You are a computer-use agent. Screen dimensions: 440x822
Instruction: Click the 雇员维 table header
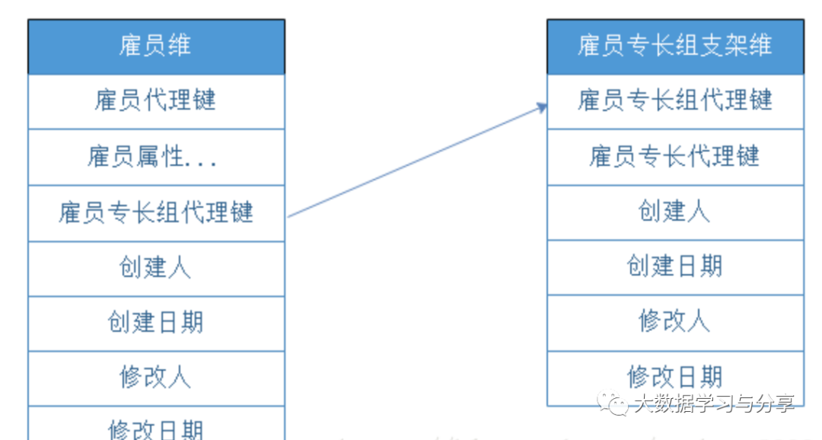coord(156,46)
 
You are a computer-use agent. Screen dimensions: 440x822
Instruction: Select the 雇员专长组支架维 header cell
coord(675,46)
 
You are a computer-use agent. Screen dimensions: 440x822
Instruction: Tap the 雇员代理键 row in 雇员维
coord(156,100)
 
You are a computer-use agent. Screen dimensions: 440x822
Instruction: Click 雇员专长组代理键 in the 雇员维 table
coord(156,212)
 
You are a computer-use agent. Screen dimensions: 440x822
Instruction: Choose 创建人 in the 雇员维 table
coord(156,268)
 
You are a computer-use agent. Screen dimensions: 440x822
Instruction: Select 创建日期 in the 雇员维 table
coord(156,323)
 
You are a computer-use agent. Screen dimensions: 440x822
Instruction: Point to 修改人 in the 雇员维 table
coord(156,378)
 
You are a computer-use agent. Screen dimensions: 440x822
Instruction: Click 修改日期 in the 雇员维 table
coord(156,429)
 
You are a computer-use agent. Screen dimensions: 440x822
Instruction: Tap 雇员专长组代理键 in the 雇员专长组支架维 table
coord(675,100)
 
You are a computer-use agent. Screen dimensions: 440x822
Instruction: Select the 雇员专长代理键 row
coord(675,157)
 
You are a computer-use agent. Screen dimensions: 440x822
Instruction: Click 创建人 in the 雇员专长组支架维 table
coord(675,212)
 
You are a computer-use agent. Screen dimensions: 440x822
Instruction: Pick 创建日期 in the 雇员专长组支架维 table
coord(675,267)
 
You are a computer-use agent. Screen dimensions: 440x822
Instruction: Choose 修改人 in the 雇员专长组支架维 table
coord(675,322)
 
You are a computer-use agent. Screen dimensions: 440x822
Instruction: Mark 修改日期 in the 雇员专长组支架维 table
coord(675,376)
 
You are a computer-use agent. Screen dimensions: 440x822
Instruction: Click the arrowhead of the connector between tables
coord(543,107)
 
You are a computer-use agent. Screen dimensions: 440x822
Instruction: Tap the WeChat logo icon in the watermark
coord(612,403)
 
